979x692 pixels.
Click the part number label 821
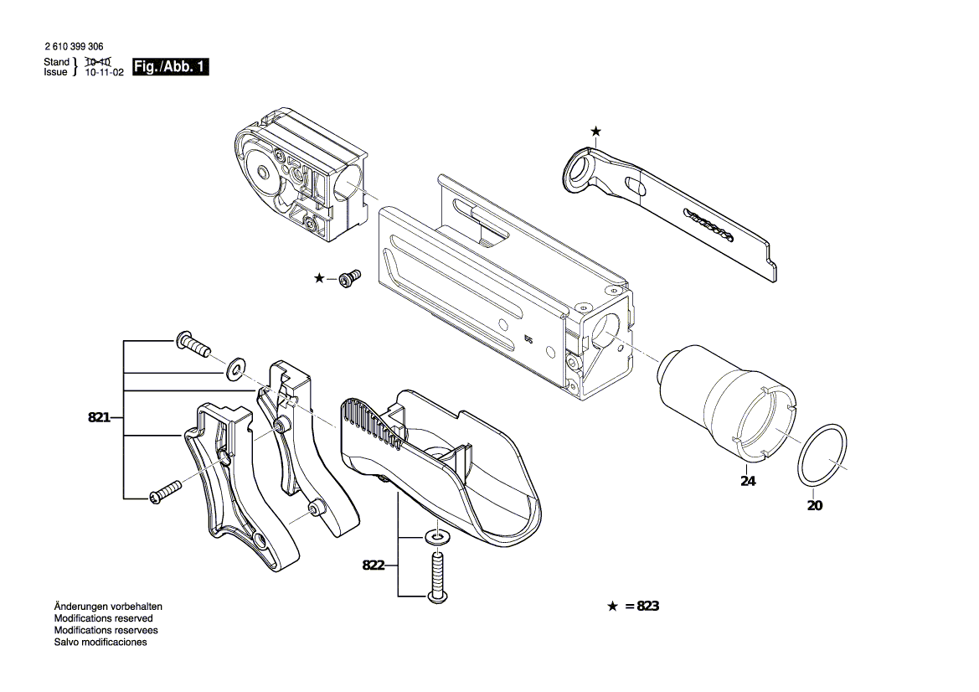[x=99, y=417]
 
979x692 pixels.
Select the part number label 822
[x=373, y=565]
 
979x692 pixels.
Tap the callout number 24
[x=748, y=481]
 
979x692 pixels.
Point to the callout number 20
[x=815, y=505]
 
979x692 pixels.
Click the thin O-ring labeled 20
[x=822, y=453]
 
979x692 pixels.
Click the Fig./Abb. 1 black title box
[x=171, y=67]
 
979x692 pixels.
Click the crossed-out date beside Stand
[x=99, y=62]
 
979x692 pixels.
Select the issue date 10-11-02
[x=104, y=73]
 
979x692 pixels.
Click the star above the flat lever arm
[x=595, y=131]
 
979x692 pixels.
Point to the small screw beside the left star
[x=348, y=277]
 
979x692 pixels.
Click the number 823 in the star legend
[x=647, y=606]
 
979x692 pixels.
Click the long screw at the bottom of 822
[x=436, y=575]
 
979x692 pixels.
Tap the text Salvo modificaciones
[x=100, y=642]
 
